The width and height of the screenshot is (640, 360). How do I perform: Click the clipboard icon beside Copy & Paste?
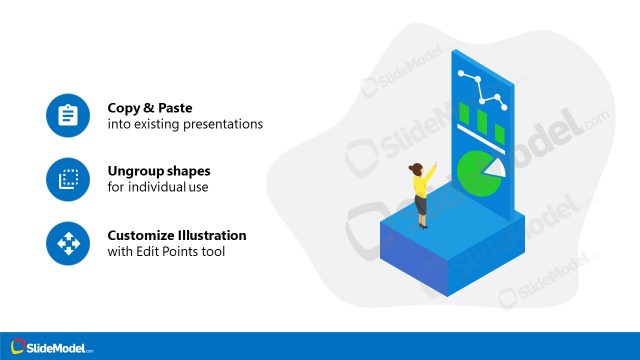click(68, 116)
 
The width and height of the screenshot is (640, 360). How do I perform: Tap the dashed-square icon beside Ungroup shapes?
click(68, 179)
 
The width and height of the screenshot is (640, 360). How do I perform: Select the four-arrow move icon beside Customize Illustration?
click(68, 243)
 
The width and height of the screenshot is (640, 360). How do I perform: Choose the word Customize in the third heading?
click(142, 235)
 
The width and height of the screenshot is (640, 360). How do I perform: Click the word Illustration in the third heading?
click(213, 235)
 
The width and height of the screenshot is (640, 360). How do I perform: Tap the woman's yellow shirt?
click(422, 186)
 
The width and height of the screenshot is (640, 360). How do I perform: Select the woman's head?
click(415, 167)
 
